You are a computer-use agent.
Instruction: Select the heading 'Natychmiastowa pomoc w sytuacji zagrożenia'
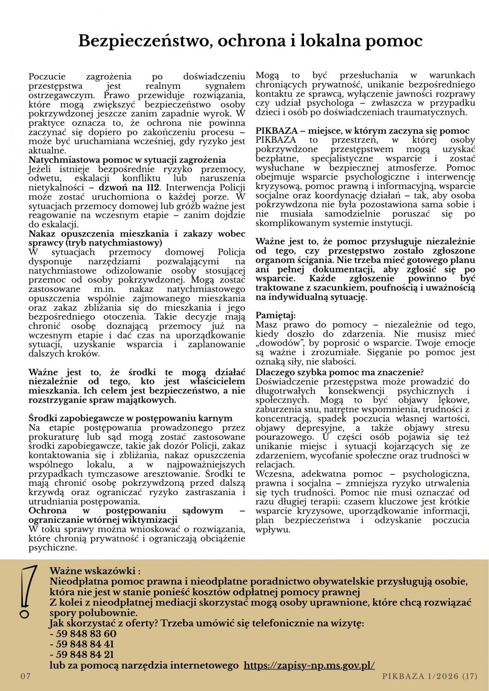click(127, 160)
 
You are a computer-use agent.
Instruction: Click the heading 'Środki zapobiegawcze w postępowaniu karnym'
click(130, 418)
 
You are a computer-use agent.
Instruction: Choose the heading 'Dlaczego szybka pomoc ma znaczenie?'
click(340, 372)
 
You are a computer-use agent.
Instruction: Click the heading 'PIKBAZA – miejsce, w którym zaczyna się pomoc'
click(362, 131)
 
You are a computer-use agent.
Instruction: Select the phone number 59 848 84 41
click(84, 644)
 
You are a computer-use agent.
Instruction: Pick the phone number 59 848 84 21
click(84, 655)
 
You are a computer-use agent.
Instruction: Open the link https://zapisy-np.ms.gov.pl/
click(309, 665)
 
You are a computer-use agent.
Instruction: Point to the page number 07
click(26, 676)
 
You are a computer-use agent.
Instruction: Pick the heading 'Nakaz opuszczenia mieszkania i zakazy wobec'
click(137, 234)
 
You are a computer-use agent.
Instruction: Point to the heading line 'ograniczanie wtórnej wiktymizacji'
click(103, 520)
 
